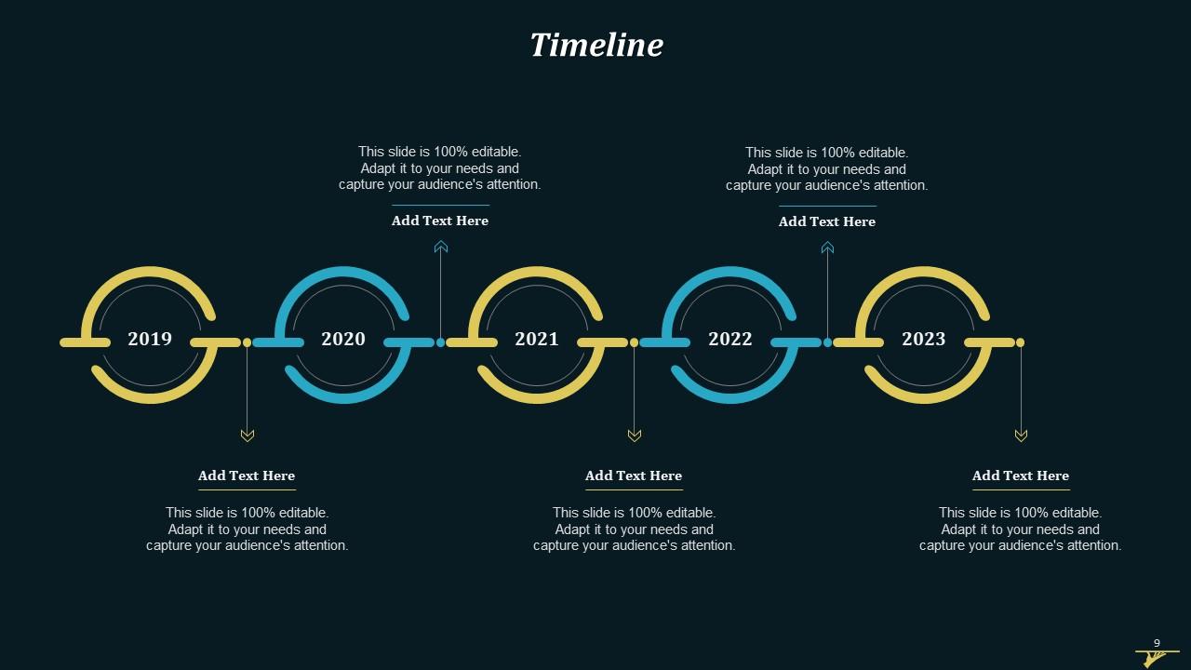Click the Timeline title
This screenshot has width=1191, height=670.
(596, 45)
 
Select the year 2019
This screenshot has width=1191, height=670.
(150, 339)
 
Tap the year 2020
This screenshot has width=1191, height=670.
(343, 339)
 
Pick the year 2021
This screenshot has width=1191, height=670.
(537, 339)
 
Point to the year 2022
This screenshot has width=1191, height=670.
(730, 339)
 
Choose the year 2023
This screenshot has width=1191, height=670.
(924, 339)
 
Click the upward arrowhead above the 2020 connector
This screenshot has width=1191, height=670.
(441, 247)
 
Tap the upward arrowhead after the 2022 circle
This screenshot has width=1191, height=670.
(827, 248)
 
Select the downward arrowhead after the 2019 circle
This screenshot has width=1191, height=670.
(248, 435)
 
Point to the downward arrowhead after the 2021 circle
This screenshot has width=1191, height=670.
(635, 435)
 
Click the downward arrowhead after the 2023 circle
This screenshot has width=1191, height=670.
(1021, 435)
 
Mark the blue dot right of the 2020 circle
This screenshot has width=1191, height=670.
(441, 342)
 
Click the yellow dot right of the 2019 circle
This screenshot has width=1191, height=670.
(248, 342)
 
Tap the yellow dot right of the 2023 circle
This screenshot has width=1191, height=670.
(1021, 342)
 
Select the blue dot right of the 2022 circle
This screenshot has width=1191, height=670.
(827, 342)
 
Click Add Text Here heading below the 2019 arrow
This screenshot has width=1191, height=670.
(247, 476)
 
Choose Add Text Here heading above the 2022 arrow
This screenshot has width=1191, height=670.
(827, 221)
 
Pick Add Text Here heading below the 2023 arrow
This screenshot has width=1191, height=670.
(1021, 476)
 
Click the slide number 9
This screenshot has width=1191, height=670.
(1157, 643)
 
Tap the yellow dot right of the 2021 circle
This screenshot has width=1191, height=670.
(635, 342)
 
